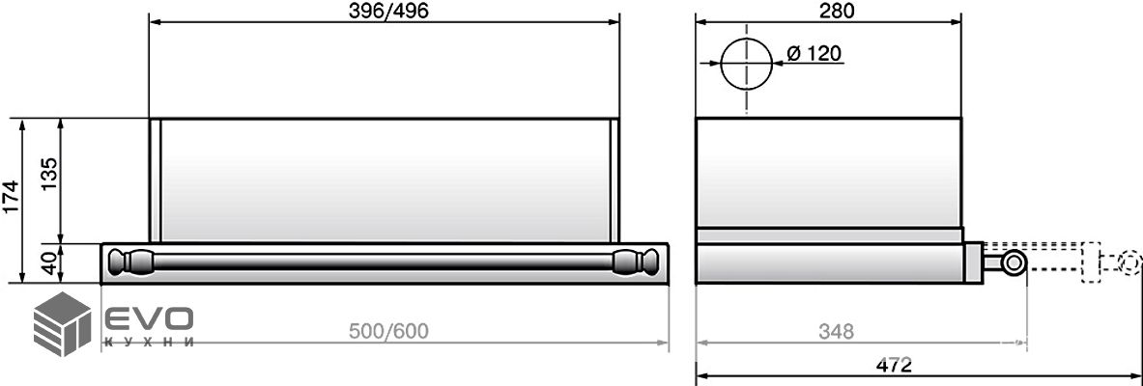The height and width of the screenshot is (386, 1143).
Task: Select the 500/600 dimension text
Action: pos(387,331)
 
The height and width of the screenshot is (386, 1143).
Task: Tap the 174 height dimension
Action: pos(11,198)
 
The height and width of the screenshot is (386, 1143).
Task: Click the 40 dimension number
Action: pos(48,262)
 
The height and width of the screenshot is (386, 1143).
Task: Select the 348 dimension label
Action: pos(836,331)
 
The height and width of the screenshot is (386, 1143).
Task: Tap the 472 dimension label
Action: pos(895,364)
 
